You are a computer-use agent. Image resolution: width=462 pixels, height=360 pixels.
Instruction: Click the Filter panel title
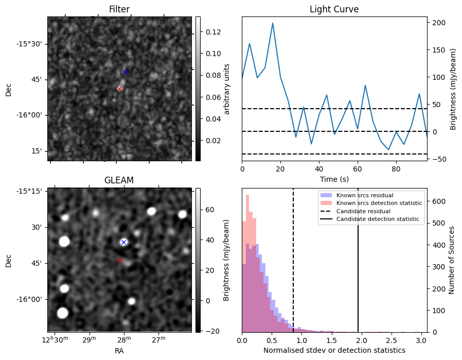click(119, 9)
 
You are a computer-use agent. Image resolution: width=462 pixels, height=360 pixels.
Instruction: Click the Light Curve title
click(334, 9)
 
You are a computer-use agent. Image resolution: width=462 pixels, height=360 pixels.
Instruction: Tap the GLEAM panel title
click(119, 180)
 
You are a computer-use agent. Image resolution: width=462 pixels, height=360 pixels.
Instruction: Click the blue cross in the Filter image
click(125, 72)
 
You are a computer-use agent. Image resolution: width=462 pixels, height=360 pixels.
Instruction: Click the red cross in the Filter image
click(120, 89)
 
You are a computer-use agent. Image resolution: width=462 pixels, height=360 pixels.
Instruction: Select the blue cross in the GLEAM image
click(123, 242)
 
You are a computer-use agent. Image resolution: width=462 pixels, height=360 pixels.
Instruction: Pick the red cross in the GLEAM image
click(119, 260)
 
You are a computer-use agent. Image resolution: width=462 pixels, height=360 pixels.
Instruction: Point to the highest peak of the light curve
click(273, 23)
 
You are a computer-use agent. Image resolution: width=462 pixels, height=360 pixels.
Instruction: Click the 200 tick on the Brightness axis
click(438, 23)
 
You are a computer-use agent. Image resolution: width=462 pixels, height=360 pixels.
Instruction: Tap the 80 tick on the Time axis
click(396, 168)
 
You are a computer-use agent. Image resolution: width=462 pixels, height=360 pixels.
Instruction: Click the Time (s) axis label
click(334, 178)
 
